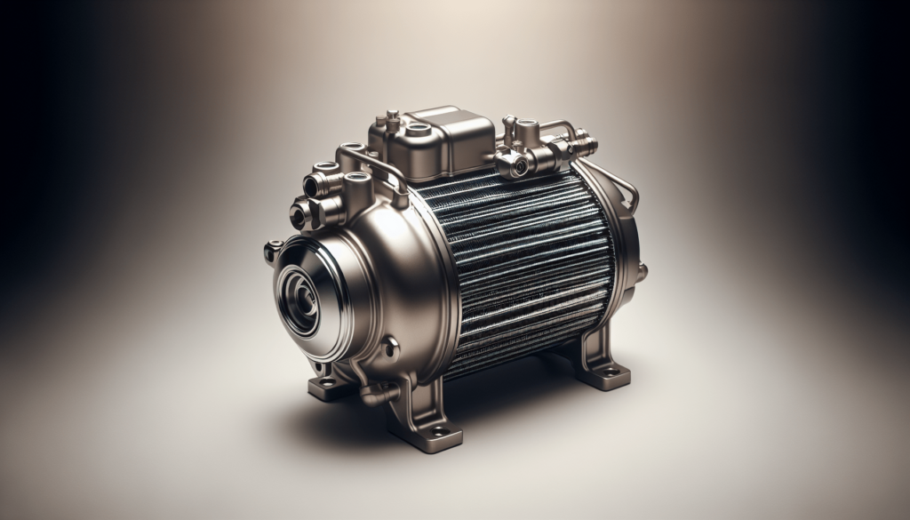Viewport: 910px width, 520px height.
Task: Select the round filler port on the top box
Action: pyautogui.click(x=418, y=129)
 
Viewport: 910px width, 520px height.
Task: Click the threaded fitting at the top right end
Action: pyautogui.click(x=584, y=142)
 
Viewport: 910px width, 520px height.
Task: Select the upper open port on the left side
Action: pyautogui.click(x=314, y=185)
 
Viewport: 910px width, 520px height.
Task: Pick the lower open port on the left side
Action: pyautogui.click(x=299, y=214)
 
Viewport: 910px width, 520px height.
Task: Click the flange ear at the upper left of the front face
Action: pyautogui.click(x=272, y=250)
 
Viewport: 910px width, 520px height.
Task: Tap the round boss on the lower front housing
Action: pyautogui.click(x=389, y=348)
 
